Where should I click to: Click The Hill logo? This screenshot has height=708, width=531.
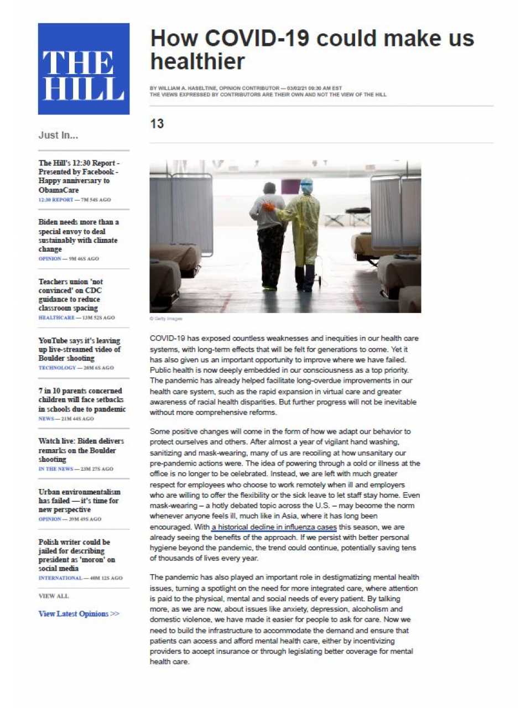click(x=84, y=69)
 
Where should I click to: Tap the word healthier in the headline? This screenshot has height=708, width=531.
click(x=197, y=61)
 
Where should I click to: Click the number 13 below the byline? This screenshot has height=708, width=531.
click(x=157, y=124)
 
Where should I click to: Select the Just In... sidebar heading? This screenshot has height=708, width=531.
click(x=58, y=135)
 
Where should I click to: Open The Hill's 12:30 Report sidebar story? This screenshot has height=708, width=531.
click(x=79, y=176)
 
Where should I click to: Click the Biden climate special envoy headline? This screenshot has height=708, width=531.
click(x=78, y=235)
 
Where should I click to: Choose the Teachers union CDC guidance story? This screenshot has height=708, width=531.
click(x=70, y=294)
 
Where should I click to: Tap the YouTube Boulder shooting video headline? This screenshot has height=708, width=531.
click(x=79, y=349)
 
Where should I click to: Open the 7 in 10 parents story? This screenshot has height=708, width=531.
click(x=82, y=399)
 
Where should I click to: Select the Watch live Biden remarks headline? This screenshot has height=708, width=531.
click(x=81, y=450)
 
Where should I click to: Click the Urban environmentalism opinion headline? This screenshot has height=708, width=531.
click(x=79, y=500)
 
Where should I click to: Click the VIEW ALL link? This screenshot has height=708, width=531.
click(x=54, y=596)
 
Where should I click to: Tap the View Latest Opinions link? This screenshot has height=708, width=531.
click(x=79, y=613)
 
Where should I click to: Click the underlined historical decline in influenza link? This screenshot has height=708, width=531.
click(x=274, y=527)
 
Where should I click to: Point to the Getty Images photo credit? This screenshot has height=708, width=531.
click(x=166, y=319)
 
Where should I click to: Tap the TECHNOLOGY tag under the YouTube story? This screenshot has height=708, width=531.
click(x=57, y=368)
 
